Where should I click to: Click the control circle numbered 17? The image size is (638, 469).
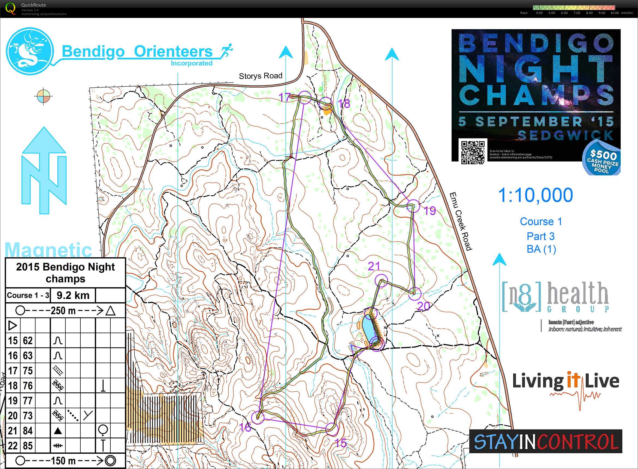pos(305,97)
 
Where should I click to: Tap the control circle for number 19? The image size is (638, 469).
pos(413,206)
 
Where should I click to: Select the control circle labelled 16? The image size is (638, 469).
pos(258,417)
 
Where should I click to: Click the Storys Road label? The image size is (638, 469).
pos(260,76)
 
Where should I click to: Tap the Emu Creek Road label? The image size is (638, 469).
pos(461,222)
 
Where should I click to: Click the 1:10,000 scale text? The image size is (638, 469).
pos(535,195)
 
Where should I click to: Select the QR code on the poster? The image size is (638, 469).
pos(473,152)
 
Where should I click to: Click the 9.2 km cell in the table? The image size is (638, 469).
pos(73,295)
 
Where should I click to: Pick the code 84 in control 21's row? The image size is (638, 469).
pos(28,431)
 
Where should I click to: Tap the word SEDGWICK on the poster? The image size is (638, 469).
pos(565,135)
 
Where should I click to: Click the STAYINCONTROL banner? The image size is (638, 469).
pos(546,441)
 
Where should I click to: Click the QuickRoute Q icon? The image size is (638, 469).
pos(11,8)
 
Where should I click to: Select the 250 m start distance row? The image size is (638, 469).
pos(65,311)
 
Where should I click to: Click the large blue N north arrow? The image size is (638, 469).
pos(44,170)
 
